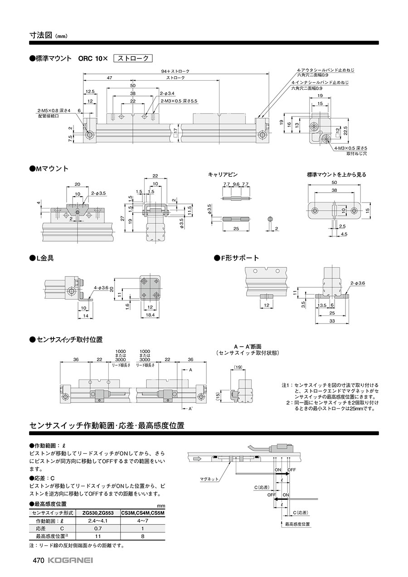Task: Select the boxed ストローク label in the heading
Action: coord(133,58)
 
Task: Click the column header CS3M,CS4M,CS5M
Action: coord(142,513)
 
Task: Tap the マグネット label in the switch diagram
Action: coord(209,479)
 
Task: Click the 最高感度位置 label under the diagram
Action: coord(297,524)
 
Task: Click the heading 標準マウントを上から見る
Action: coord(336,174)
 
